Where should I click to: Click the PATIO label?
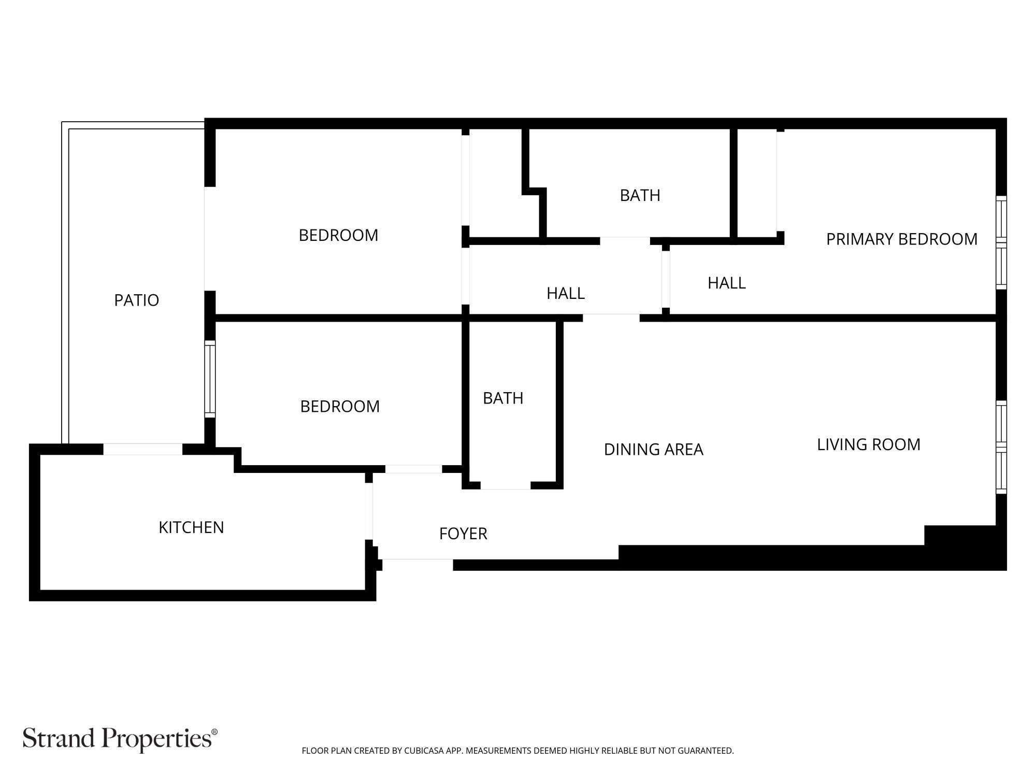click(x=136, y=300)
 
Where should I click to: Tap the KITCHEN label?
click(x=191, y=527)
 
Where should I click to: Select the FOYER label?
click(x=463, y=534)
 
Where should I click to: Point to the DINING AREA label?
click(x=653, y=449)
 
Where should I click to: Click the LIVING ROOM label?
click(x=869, y=444)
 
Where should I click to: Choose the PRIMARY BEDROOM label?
click(x=901, y=239)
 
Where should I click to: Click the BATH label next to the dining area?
click(x=502, y=398)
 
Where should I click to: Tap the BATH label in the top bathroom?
click(x=640, y=195)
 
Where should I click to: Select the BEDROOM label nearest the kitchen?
click(x=340, y=406)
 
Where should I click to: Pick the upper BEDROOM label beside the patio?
click(x=338, y=235)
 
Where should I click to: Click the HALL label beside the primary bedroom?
click(x=726, y=283)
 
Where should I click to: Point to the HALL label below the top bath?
click(x=565, y=293)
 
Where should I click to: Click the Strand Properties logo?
click(x=120, y=738)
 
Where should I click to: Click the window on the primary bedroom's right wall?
click(x=1001, y=242)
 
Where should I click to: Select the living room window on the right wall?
click(x=1001, y=447)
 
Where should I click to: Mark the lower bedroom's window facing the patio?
click(x=210, y=379)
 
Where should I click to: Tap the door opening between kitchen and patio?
click(x=143, y=449)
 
